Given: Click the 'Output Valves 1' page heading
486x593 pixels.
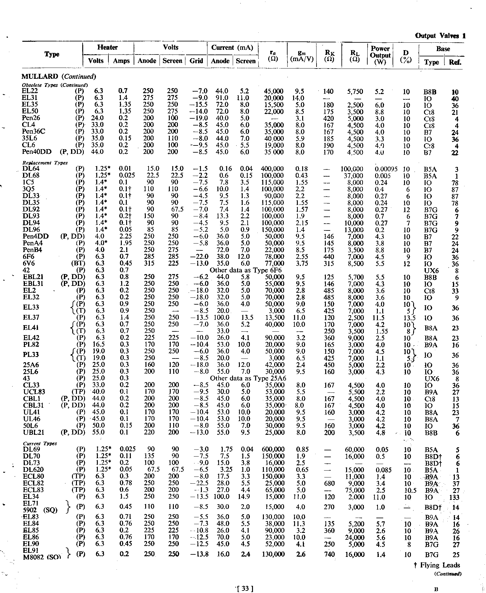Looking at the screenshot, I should click(440, 36).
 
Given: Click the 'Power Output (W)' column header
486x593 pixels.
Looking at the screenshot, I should click(380, 55).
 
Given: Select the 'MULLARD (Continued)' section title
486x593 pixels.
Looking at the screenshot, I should click(59, 76).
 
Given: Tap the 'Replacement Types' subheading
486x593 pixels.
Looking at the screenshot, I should click(45, 163).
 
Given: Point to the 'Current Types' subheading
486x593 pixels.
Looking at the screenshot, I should click(40, 443).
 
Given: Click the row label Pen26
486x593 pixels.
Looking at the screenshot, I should click(31, 118).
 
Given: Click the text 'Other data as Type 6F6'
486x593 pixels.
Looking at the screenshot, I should click(245, 270).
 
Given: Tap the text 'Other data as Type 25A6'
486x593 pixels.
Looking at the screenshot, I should click(248, 378).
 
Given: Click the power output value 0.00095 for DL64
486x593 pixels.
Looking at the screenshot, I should click(386, 169).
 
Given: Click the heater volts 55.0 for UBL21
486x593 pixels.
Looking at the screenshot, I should click(99, 432).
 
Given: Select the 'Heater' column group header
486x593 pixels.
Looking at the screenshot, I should click(107, 47).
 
